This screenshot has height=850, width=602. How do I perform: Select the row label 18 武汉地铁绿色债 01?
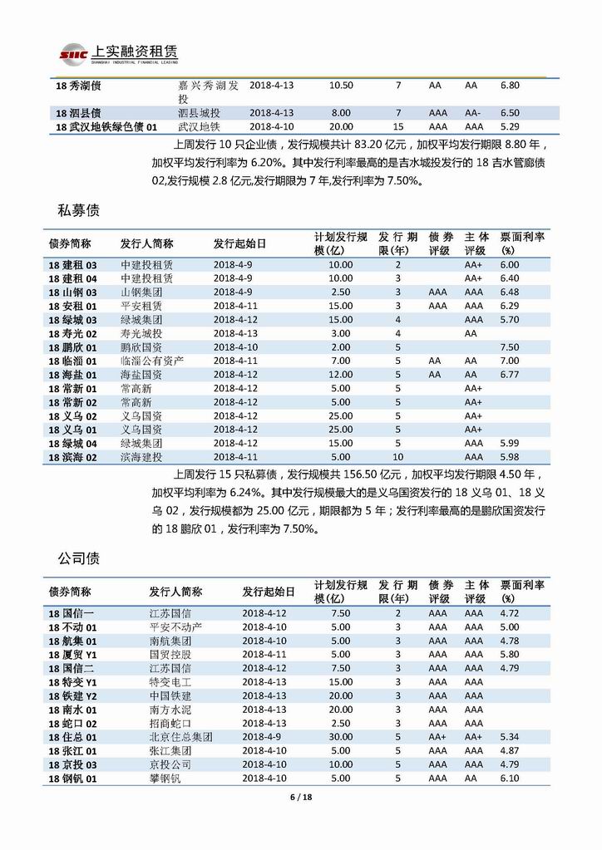click(x=104, y=126)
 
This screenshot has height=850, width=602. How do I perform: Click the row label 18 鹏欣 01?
click(x=74, y=346)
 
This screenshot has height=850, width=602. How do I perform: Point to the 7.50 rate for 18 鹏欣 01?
click(x=510, y=346)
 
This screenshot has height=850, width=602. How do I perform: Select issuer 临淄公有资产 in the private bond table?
click(x=152, y=361)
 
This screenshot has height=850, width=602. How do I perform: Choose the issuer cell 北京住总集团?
click(x=180, y=736)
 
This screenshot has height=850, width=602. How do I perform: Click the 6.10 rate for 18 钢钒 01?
click(x=510, y=778)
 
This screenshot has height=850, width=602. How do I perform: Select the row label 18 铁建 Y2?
click(x=73, y=695)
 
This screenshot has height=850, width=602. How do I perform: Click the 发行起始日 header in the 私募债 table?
click(x=240, y=243)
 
